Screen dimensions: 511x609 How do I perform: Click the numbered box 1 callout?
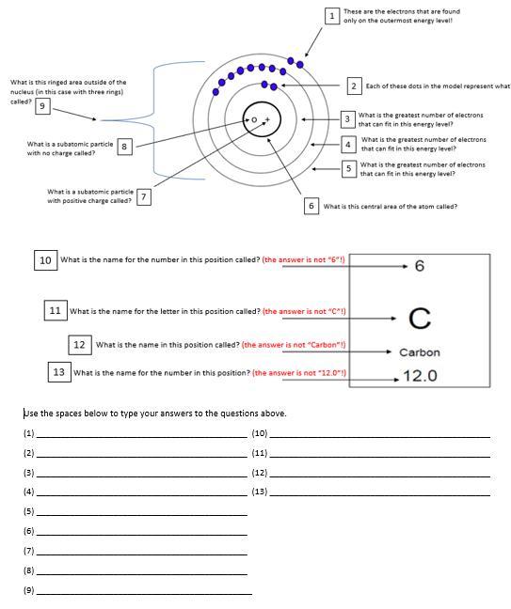(x=331, y=16)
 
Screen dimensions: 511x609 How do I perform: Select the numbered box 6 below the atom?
(x=311, y=206)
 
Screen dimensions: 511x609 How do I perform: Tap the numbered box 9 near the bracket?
(x=42, y=106)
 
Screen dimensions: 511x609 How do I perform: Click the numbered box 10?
(x=45, y=260)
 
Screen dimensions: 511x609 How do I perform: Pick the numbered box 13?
(x=59, y=372)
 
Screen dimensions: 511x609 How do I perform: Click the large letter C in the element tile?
(x=420, y=319)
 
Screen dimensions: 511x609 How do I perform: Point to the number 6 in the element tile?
(x=420, y=266)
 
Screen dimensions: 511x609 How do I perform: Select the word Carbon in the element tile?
(x=420, y=352)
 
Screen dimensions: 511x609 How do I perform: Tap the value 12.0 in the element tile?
(x=420, y=376)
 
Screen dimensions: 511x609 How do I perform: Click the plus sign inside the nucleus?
(x=267, y=119)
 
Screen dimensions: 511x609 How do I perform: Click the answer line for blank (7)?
(x=141, y=554)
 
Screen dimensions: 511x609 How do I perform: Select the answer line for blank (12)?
(x=379, y=476)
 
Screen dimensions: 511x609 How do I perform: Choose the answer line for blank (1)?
(x=141, y=437)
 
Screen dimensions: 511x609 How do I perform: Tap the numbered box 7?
(x=144, y=196)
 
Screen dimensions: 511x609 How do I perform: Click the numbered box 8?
(x=124, y=147)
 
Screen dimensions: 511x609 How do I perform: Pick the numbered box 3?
(x=347, y=119)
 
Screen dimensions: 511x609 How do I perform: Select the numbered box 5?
(x=349, y=168)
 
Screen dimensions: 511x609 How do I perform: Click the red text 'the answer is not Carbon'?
(x=294, y=345)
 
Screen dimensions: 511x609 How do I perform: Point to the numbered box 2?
(x=354, y=86)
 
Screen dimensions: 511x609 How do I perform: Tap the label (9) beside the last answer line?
(x=29, y=590)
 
